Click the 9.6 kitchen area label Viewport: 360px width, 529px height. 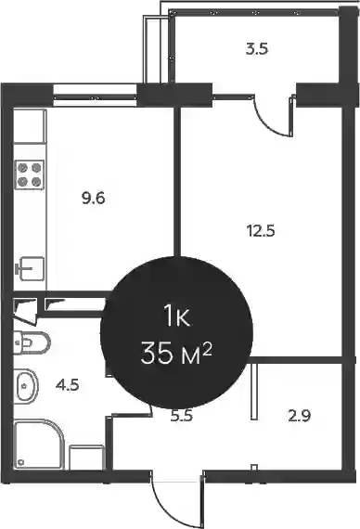94,198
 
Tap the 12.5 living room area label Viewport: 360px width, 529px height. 261,231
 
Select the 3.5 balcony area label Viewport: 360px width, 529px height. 257,49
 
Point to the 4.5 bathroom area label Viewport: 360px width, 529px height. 68,384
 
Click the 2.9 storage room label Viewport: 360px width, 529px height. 300,416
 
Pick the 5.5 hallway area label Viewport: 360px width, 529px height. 182,416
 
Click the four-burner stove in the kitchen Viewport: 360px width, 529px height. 30,174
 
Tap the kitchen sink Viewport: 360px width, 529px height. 30,268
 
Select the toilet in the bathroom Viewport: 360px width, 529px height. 32,342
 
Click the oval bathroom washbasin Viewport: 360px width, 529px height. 26,385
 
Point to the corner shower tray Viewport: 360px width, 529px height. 38,444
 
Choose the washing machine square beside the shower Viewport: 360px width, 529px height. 86,458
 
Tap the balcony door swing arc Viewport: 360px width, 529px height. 266,123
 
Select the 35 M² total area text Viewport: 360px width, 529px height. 176,353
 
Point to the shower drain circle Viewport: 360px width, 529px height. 21,462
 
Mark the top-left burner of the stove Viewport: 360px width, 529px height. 22,168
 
